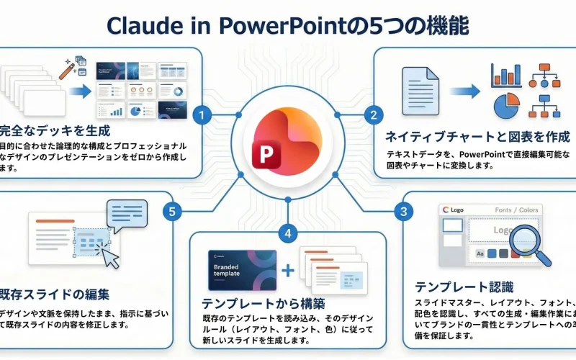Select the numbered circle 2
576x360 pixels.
click(x=373, y=114)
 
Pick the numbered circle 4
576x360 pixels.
click(x=288, y=233)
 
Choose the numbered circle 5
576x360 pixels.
click(x=171, y=211)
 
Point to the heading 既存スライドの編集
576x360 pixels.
click(x=55, y=294)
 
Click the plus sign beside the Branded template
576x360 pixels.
click(x=289, y=270)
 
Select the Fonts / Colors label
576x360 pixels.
click(x=516, y=210)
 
